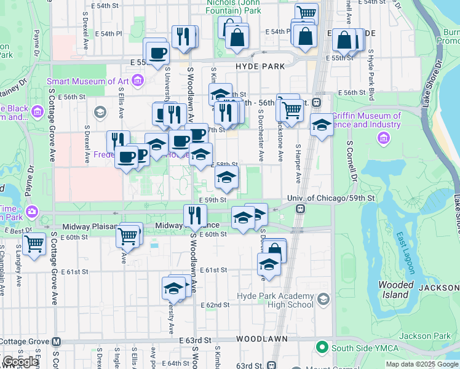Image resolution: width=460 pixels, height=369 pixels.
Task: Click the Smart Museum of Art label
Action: pos(89,81)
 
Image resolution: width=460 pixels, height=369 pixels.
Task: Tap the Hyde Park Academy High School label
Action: pos(275,300)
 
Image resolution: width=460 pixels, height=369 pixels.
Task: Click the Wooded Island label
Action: pos(395,290)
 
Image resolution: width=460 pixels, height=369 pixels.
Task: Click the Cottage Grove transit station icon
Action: pos(57,341)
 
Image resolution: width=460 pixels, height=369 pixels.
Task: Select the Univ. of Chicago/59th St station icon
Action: pos(300,209)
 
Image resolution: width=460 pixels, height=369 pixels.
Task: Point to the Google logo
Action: pos(20,362)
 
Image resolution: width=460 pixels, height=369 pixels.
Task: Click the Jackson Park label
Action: pos(424,336)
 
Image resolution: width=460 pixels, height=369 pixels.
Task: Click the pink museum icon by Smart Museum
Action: pos(138,80)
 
